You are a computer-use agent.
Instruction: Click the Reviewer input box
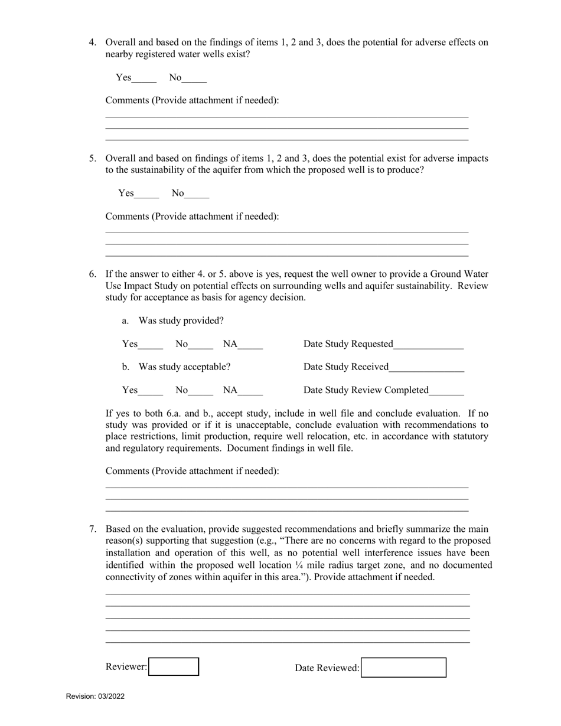tap(174, 667)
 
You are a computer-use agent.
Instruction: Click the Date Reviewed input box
tap(403, 668)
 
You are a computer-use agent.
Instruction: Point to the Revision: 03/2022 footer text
tap(95, 696)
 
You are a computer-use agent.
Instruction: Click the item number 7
tap(93, 529)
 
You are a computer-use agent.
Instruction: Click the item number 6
tap(93, 274)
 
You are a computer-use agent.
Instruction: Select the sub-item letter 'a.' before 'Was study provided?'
tap(125, 321)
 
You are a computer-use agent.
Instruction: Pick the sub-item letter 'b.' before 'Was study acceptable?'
tap(125, 367)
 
